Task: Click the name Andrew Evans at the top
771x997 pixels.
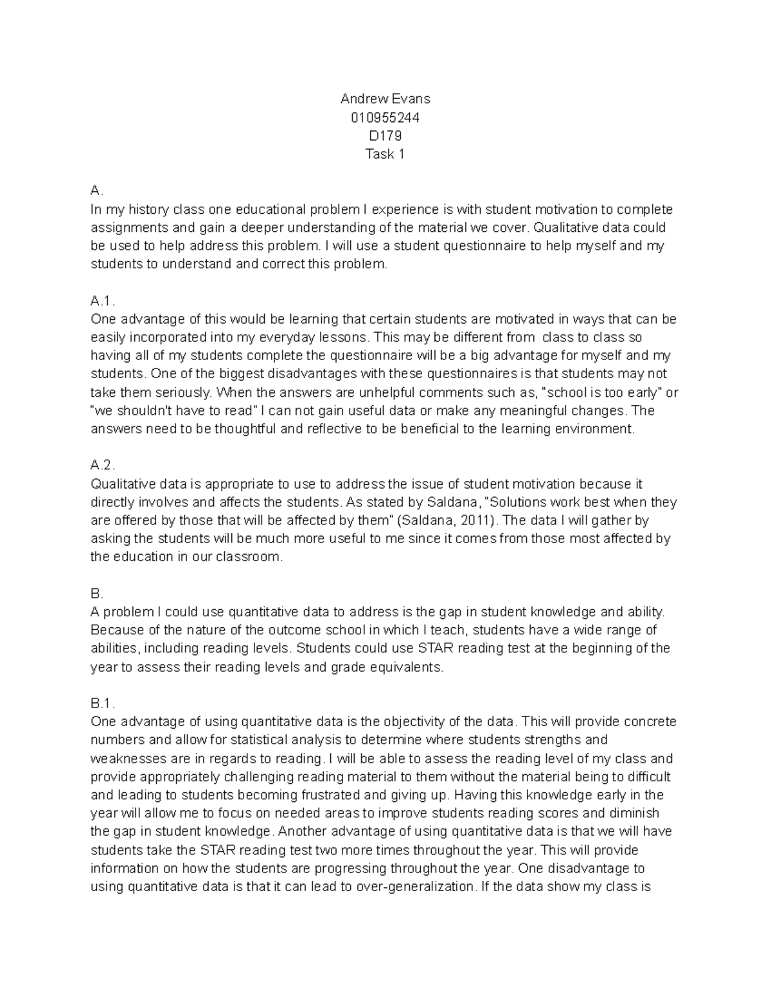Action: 385,99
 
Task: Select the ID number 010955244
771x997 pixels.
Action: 385,117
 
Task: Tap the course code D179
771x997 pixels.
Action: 385,135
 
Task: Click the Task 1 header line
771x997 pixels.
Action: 385,154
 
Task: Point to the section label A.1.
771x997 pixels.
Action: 102,301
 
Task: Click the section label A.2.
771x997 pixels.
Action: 102,465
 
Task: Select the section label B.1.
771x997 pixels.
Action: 102,704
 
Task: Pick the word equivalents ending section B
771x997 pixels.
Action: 403,667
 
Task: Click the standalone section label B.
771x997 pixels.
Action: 96,594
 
